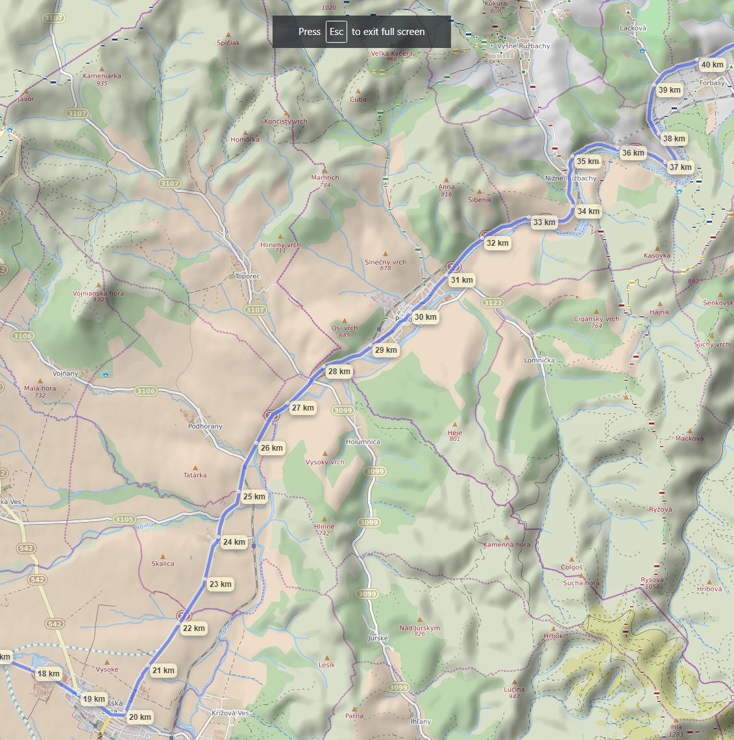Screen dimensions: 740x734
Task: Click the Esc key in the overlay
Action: tap(336, 32)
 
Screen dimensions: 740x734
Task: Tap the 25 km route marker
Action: tap(254, 497)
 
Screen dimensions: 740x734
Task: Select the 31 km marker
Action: tap(461, 280)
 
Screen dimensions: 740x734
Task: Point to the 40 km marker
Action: tap(712, 65)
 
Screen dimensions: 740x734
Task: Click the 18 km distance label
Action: tap(48, 673)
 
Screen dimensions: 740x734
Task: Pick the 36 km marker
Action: tap(633, 154)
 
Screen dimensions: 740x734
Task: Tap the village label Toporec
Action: tap(247, 276)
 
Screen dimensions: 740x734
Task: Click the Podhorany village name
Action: tap(205, 426)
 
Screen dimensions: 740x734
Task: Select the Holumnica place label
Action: tap(363, 442)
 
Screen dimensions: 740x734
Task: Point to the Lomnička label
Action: tap(539, 360)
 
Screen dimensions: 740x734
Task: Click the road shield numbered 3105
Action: tap(124, 519)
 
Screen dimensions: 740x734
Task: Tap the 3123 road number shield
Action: tap(493, 303)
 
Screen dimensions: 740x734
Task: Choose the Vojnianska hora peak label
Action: tap(98, 293)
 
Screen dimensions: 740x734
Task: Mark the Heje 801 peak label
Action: tap(454, 433)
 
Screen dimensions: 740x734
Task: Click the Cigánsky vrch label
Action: tap(596, 318)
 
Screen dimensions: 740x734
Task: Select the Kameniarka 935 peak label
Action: tap(102, 76)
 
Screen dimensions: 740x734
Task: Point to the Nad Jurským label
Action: tap(420, 628)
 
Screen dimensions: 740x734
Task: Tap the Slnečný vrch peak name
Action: tap(385, 262)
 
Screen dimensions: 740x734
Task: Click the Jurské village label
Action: tap(377, 638)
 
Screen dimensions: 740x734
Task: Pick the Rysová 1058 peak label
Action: tap(652, 580)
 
